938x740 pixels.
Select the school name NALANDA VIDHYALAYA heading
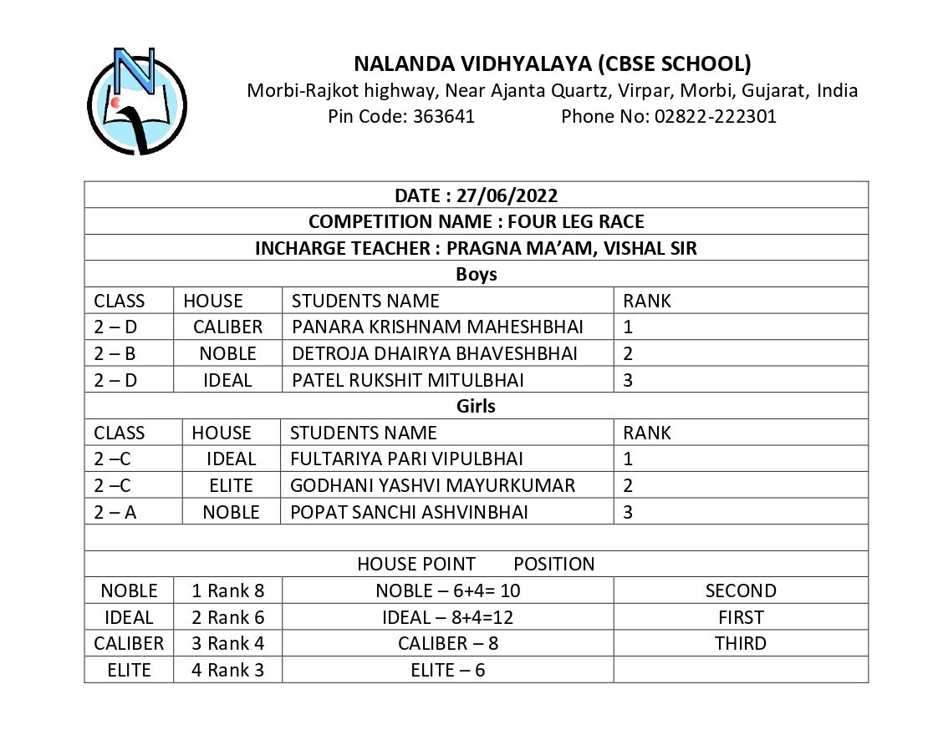coord(552,63)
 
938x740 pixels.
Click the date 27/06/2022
coord(476,195)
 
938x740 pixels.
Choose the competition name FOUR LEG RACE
coord(476,221)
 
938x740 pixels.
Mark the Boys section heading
coord(476,274)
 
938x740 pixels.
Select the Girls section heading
coord(476,406)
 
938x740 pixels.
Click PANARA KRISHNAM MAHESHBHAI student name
coord(437,327)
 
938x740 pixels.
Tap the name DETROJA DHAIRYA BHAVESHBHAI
coord(434,353)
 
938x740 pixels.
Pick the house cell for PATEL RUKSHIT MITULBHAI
coord(227,380)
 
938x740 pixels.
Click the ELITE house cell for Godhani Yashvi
coord(231,485)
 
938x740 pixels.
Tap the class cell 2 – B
coord(115,353)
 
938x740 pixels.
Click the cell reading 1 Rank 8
coord(227,590)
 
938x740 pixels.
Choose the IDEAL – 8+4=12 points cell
coord(447,617)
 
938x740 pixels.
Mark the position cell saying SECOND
coord(741,590)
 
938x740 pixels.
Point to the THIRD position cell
coord(741,643)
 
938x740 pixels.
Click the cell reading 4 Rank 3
coord(227,670)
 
